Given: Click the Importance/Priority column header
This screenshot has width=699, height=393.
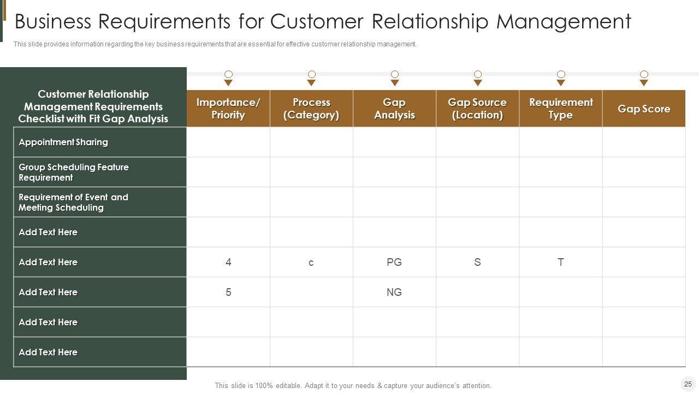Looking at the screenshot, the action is click(x=228, y=109).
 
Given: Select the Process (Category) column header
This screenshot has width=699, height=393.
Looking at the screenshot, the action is click(x=311, y=109).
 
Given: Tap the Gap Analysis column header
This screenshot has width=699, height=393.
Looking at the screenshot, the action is click(x=394, y=109).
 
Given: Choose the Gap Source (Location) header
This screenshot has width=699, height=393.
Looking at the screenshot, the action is click(x=477, y=109).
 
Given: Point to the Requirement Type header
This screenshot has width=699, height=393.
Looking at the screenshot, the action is click(x=561, y=109).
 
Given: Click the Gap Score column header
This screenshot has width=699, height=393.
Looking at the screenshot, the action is click(x=644, y=109).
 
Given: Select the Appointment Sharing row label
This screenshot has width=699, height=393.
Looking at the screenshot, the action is click(x=63, y=142).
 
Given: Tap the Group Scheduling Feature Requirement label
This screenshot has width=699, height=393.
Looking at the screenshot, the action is click(x=74, y=172).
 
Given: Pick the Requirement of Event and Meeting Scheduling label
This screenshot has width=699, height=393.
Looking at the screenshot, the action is click(x=73, y=202).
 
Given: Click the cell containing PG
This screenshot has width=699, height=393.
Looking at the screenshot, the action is click(x=394, y=262).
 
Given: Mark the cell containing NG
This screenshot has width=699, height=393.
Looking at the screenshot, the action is click(x=394, y=292).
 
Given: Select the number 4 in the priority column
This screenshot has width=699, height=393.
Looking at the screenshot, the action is click(x=228, y=262).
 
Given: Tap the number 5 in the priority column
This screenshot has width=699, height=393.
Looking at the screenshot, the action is click(x=228, y=292).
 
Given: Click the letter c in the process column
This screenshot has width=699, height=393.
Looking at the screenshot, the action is click(x=311, y=263).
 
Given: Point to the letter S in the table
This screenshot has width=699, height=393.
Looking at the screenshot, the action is click(x=477, y=262).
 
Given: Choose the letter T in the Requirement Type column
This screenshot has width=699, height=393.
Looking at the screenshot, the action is click(x=561, y=262).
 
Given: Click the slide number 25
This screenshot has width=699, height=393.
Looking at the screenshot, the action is click(x=688, y=384).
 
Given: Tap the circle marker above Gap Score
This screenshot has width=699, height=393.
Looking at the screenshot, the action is click(x=644, y=74).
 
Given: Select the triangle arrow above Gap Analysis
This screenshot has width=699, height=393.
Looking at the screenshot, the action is click(x=395, y=83).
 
